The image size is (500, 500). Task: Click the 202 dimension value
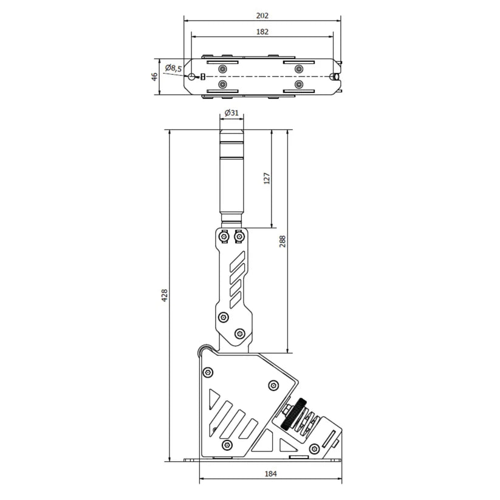coord(262,15)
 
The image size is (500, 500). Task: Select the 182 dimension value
coord(262,31)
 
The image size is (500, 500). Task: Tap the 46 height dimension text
coord(155,77)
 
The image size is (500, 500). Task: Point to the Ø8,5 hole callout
coord(173,69)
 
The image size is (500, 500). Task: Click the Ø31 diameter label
coord(231,112)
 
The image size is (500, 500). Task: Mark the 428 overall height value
coord(164,295)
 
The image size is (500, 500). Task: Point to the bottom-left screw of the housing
coord(227,445)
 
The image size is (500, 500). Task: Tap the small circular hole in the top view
coord(193,77)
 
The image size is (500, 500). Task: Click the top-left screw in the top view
coord(223,68)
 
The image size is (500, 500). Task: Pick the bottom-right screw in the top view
coord(298,84)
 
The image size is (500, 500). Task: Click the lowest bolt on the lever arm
coord(239,333)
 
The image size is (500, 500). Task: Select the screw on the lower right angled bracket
coord(314,449)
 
